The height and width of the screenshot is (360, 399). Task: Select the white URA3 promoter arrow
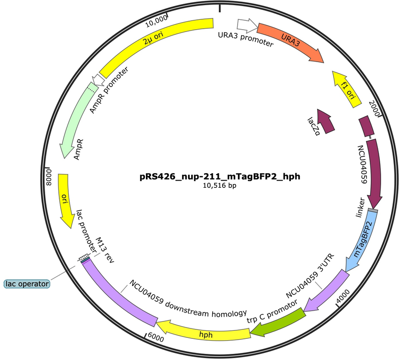(247, 25)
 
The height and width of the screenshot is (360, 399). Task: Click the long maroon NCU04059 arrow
(374, 173)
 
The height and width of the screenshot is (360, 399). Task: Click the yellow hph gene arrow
(204, 332)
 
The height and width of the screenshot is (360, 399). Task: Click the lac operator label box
(27, 284)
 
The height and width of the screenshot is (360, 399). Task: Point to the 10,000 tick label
(156, 21)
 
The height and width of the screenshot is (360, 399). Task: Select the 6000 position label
(156, 337)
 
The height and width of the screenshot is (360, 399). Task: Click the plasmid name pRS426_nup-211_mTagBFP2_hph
(220, 176)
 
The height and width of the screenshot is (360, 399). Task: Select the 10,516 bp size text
(219, 185)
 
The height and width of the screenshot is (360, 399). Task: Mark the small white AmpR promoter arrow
(98, 80)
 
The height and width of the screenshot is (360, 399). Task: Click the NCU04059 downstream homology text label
(188, 300)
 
